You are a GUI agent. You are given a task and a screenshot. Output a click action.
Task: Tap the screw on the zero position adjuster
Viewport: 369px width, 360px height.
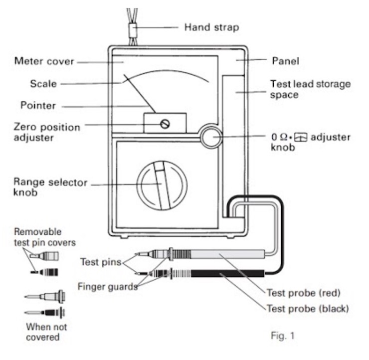click(165, 123)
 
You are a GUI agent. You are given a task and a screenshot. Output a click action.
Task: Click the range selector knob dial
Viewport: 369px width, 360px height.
click(162, 184)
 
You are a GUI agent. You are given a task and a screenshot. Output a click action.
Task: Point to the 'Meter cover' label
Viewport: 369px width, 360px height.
click(44, 62)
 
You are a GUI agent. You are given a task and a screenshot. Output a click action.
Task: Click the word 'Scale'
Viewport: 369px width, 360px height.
click(43, 83)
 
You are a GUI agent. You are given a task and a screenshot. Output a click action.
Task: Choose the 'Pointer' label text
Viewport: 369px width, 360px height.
click(38, 105)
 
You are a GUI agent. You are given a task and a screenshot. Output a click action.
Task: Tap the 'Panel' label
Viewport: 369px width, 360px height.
click(284, 61)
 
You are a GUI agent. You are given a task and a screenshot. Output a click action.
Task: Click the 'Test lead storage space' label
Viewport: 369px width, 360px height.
click(310, 89)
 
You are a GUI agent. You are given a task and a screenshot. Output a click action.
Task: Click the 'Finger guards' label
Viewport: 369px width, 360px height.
click(107, 286)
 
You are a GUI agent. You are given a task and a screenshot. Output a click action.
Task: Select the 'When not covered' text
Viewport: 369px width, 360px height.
click(46, 332)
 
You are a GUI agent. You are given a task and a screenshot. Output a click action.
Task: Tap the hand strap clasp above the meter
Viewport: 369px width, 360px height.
click(133, 29)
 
